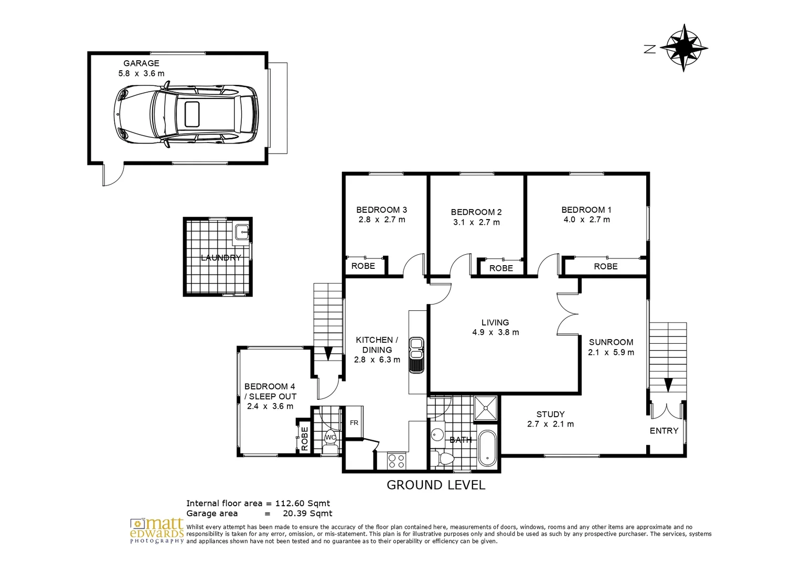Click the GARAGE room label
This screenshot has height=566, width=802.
pyautogui.click(x=141, y=63)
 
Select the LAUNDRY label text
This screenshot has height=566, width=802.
pyautogui.click(x=221, y=258)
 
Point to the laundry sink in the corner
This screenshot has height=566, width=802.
pyautogui.click(x=242, y=232)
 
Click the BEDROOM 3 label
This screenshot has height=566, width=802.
pyautogui.click(x=381, y=210)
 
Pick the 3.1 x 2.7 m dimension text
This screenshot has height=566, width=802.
pyautogui.click(x=476, y=222)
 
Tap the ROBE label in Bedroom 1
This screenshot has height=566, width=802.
pyautogui.click(x=605, y=266)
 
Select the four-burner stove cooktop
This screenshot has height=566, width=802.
pyautogui.click(x=396, y=461)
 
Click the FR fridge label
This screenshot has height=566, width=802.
pyautogui.click(x=354, y=422)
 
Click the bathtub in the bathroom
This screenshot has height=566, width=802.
pyautogui.click(x=487, y=448)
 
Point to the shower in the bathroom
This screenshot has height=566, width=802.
pyautogui.click(x=485, y=408)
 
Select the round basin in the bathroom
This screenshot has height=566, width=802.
pyautogui.click(x=437, y=434)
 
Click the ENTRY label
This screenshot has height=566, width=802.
pyautogui.click(x=664, y=431)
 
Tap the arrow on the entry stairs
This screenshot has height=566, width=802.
pyautogui.click(x=668, y=385)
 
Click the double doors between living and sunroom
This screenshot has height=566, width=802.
pyautogui.click(x=568, y=313)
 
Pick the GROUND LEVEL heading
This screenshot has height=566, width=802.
pyautogui.click(x=435, y=485)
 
